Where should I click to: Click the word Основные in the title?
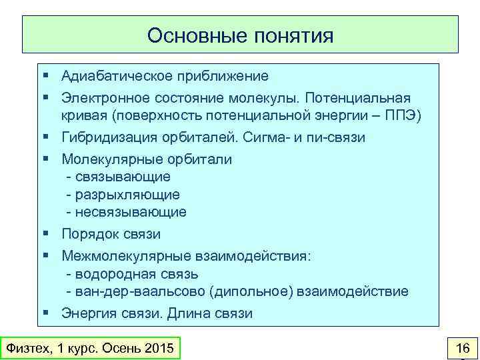point(197,35)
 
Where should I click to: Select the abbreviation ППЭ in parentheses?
point(401,115)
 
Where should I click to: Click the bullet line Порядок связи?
point(111,234)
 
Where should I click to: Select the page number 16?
point(461,348)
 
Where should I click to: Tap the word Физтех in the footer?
point(25,348)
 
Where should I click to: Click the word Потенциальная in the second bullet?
point(365,97)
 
